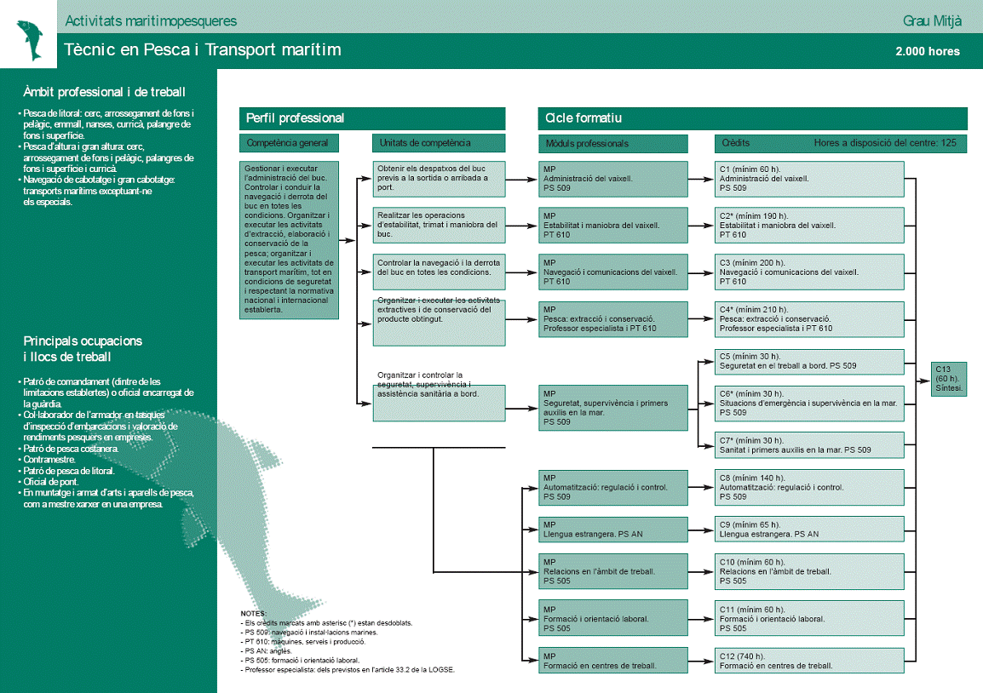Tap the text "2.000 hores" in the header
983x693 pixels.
coord(928,52)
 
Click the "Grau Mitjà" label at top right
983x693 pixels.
coord(931,20)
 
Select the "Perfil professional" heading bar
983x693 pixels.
coord(372,118)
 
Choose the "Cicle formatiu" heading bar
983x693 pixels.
coord(752,118)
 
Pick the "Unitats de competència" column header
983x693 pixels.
coord(439,143)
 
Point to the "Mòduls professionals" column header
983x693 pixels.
coord(612,143)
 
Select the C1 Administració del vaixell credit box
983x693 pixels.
coord(809,179)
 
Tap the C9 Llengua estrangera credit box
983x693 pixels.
coord(809,530)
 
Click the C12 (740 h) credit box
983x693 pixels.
coord(809,661)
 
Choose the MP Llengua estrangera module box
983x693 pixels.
coord(612,530)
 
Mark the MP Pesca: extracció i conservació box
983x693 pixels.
coord(612,319)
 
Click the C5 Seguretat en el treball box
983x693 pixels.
coord(809,361)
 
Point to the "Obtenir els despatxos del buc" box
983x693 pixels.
coord(439,179)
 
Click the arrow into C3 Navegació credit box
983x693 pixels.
coord(706,272)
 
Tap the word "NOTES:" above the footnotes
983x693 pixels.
coord(254,613)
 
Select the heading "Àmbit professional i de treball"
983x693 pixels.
coord(105,92)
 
